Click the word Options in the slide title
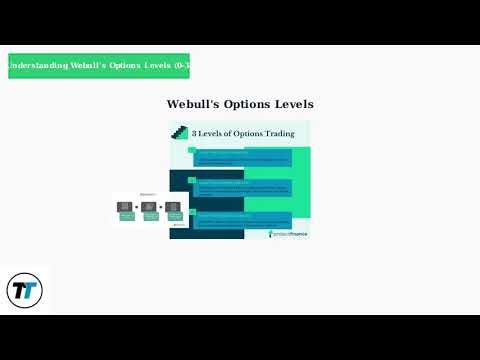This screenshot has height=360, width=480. tap(247, 104)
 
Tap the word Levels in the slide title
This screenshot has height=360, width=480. tap(293, 104)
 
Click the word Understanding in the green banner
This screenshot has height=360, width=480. tap(37, 66)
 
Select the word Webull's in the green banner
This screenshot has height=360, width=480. tap(93, 66)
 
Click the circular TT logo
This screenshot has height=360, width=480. tap(24, 291)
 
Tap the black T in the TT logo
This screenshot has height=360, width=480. tap(19, 291)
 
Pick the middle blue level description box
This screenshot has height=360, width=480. tap(242, 188)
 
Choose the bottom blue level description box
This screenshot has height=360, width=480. tap(242, 220)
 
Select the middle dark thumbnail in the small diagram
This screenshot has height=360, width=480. tap(150, 206)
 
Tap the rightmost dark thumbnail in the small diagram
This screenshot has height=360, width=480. tap(173, 206)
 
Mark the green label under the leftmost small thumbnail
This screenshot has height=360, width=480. tap(127, 216)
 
